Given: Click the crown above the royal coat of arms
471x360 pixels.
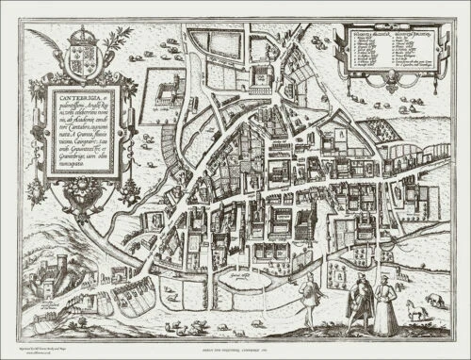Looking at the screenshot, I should (x=83, y=31).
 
